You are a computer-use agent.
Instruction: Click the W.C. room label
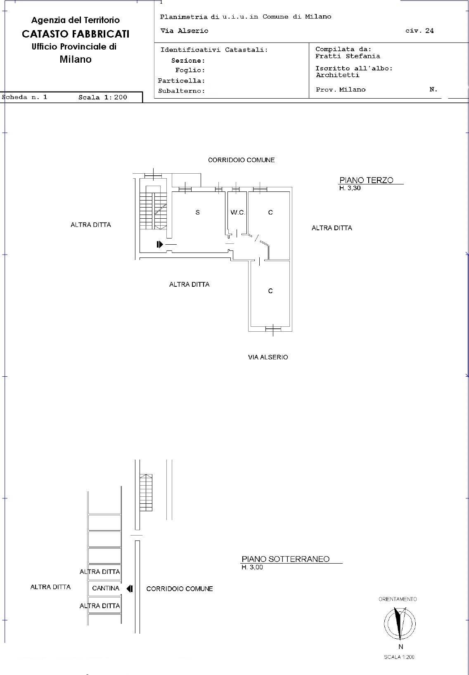[237, 212]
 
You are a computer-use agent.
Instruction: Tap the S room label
[198, 212]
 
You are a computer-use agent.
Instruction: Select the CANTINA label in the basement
[106, 588]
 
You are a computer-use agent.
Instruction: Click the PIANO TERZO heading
[366, 180]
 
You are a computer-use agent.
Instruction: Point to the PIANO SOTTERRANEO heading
[285, 559]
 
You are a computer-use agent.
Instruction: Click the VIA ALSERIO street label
[268, 357]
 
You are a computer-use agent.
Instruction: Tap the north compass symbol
[400, 623]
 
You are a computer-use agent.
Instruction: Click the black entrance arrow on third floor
[160, 244]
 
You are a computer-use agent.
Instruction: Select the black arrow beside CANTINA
[130, 588]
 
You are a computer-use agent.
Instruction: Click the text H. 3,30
[350, 188]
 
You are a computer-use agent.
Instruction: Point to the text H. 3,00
[252, 567]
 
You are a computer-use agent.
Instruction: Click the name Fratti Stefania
[348, 56]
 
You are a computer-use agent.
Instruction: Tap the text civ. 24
[419, 31]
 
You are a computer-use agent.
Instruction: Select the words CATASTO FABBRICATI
[76, 34]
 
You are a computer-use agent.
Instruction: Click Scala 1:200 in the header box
[102, 97]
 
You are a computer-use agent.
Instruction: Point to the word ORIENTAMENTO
[398, 599]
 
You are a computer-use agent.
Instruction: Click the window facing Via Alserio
[273, 329]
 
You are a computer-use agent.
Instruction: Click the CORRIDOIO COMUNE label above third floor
[241, 160]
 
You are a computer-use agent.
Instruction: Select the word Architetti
[337, 75]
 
